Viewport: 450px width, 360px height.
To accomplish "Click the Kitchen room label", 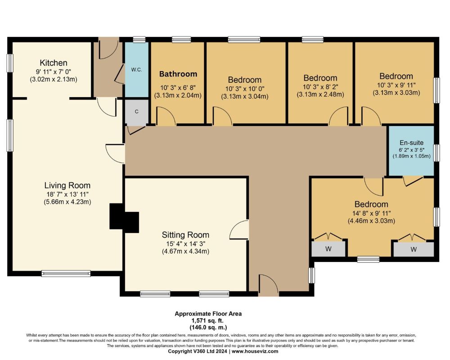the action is [54, 63].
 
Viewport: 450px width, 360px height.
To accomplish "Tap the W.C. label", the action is [137, 69].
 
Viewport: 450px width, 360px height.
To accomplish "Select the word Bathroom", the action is [178, 74].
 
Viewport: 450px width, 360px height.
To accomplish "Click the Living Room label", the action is [67, 185].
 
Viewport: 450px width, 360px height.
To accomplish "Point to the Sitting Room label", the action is [185, 235].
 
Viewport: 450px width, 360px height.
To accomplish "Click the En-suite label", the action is [412, 143].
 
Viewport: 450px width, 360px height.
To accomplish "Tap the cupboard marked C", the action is [137, 112].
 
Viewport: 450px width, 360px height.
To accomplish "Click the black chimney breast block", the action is [124, 216].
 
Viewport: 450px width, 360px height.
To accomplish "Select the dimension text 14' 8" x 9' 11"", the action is [371, 213].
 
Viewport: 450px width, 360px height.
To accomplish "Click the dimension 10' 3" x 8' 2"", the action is [320, 86].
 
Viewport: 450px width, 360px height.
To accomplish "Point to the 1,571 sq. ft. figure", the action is [207, 321].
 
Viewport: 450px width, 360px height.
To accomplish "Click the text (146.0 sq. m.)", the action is [208, 327].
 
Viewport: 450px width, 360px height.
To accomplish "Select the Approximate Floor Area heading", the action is [208, 314].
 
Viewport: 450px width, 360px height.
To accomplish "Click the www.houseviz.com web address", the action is [255, 351].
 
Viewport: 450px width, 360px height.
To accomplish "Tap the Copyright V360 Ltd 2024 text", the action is [198, 351].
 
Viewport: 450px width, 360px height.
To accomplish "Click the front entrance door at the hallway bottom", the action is [268, 285].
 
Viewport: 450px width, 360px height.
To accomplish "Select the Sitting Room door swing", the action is [239, 229].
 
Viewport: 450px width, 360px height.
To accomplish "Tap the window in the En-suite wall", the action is [436, 153].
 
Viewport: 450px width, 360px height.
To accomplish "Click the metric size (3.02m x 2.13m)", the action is [54, 79].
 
